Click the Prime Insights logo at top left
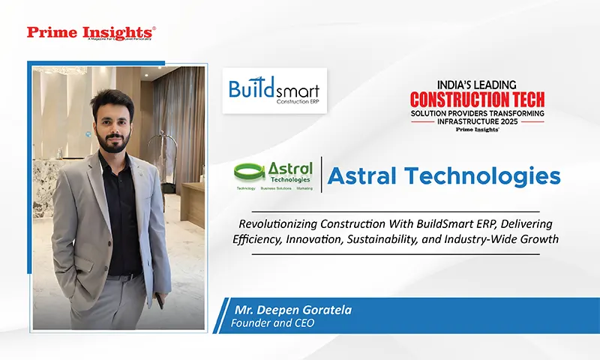(x=91, y=33)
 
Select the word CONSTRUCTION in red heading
(x=461, y=98)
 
